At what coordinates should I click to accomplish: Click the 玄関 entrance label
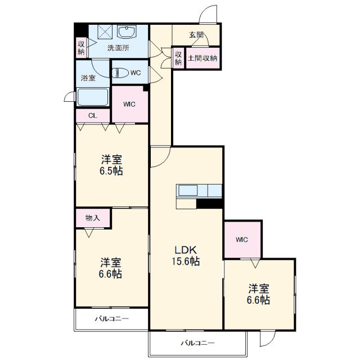(196, 35)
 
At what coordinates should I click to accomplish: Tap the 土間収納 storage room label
(202, 58)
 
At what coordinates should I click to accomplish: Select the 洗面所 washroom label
(119, 48)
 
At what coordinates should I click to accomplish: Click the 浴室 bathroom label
(88, 78)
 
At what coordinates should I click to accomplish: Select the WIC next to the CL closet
(129, 104)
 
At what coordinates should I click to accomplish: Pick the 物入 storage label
(93, 218)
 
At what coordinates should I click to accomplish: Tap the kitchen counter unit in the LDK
(200, 191)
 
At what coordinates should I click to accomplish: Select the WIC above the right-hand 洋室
(242, 239)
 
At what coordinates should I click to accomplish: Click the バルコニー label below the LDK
(197, 342)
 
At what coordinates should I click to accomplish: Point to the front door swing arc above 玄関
(208, 13)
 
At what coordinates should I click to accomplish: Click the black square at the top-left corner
(81, 29)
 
